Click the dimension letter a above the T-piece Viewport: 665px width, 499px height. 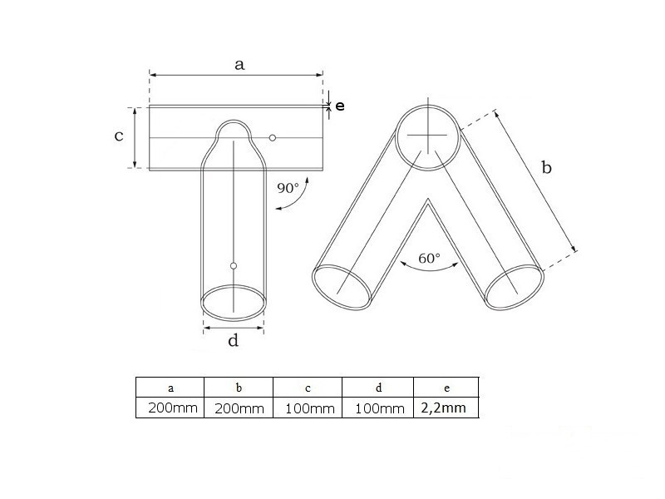pos(239,65)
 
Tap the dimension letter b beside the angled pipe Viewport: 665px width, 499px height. pos(547,168)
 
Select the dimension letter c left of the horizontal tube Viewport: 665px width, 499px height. pos(119,136)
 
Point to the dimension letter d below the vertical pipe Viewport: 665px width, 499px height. pos(234,340)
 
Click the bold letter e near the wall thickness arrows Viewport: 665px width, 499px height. pos(340,106)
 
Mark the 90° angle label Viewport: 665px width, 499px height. pos(288,188)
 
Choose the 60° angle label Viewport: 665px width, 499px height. pos(429,258)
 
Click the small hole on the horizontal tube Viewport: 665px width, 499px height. pos(273,138)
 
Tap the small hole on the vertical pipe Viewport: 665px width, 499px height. pos(234,266)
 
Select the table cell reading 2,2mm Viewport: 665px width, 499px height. pos(444,408)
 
